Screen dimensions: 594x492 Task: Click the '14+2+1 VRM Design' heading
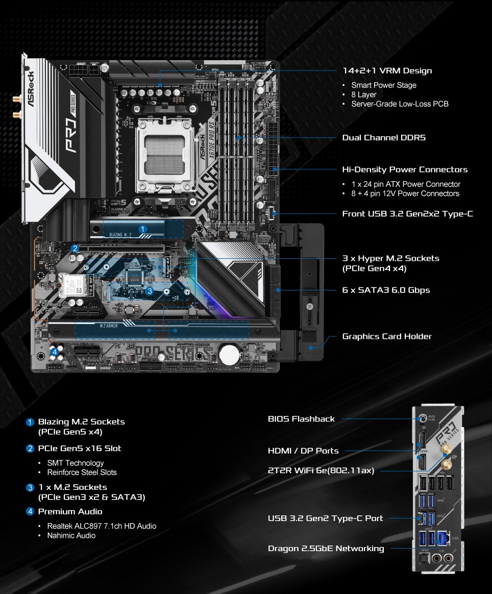(x=387, y=71)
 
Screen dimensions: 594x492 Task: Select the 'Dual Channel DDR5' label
(x=384, y=138)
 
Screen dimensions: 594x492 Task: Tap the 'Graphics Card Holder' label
(x=387, y=336)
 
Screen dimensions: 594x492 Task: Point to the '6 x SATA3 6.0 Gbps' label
(x=386, y=290)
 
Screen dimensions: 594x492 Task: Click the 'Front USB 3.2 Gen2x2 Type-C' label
(x=407, y=213)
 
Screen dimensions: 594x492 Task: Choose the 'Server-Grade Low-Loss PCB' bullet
(x=400, y=104)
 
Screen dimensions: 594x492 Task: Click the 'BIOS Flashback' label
(x=301, y=419)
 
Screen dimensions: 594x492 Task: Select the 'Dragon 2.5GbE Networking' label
(x=326, y=549)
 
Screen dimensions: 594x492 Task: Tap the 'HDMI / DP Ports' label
(x=303, y=451)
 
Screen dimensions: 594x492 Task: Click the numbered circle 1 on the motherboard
(x=143, y=229)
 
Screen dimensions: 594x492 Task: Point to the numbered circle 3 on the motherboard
(x=149, y=291)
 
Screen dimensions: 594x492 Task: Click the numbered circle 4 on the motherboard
(x=55, y=352)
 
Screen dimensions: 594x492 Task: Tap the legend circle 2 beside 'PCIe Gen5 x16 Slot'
(x=31, y=449)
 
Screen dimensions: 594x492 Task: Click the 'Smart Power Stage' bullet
(x=384, y=85)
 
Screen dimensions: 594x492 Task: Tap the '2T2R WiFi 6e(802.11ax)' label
(x=321, y=471)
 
